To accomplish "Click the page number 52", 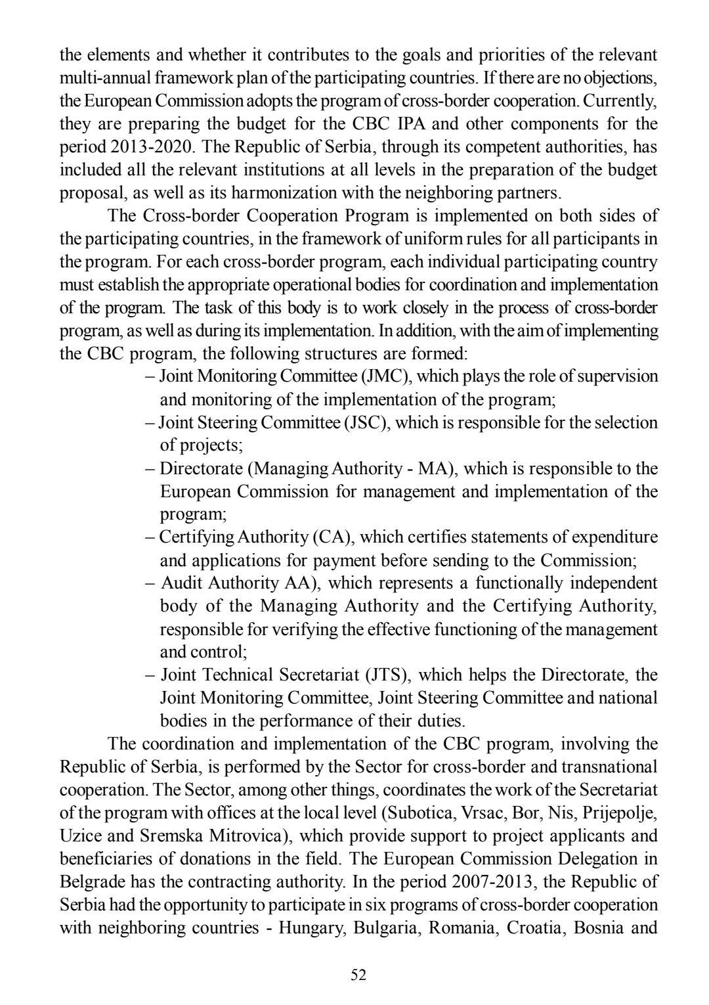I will [358, 975].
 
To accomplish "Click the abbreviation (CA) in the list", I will [329, 537].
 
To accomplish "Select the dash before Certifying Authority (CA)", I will [150, 537].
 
